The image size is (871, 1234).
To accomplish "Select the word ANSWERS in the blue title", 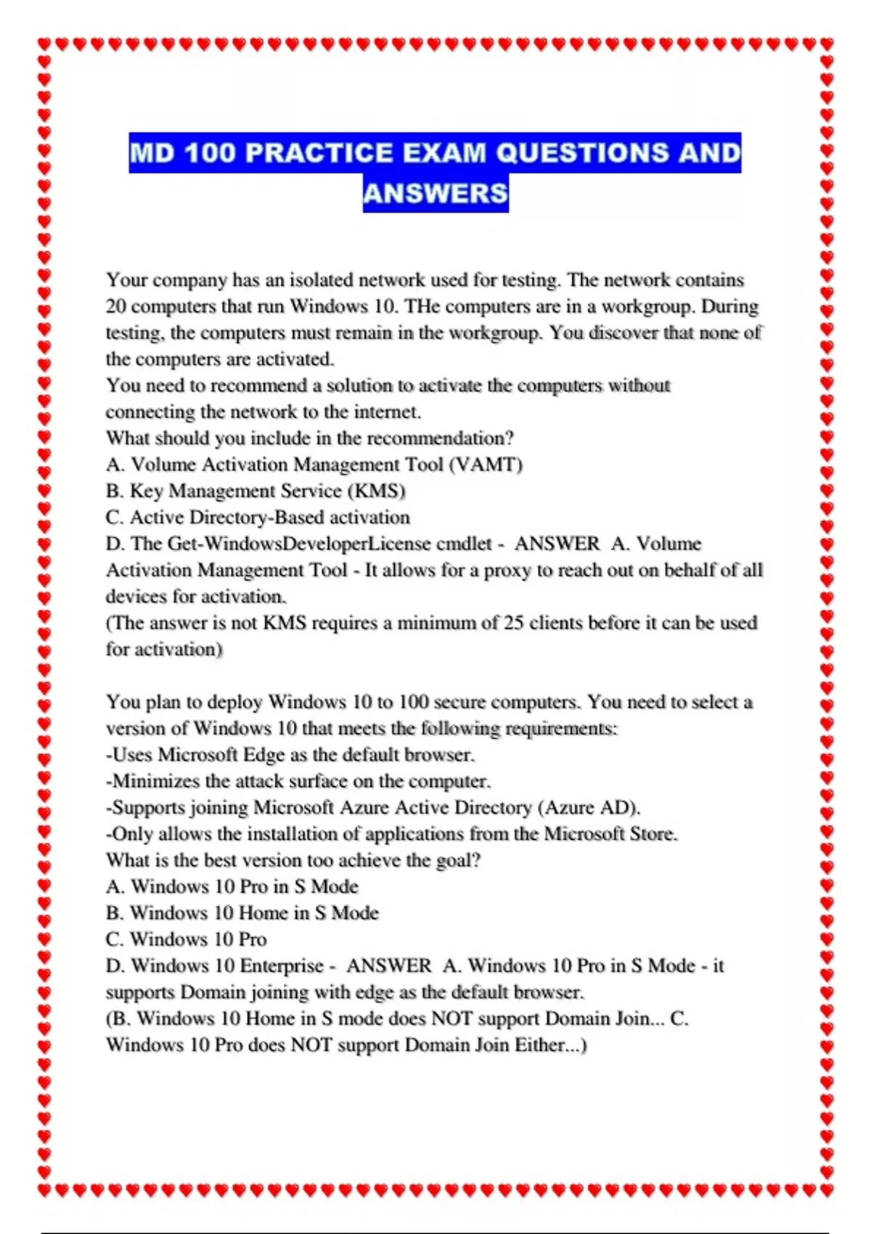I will tap(435, 193).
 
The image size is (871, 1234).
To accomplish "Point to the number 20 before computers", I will tap(116, 306).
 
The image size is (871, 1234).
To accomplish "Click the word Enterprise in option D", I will tap(282, 966).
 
